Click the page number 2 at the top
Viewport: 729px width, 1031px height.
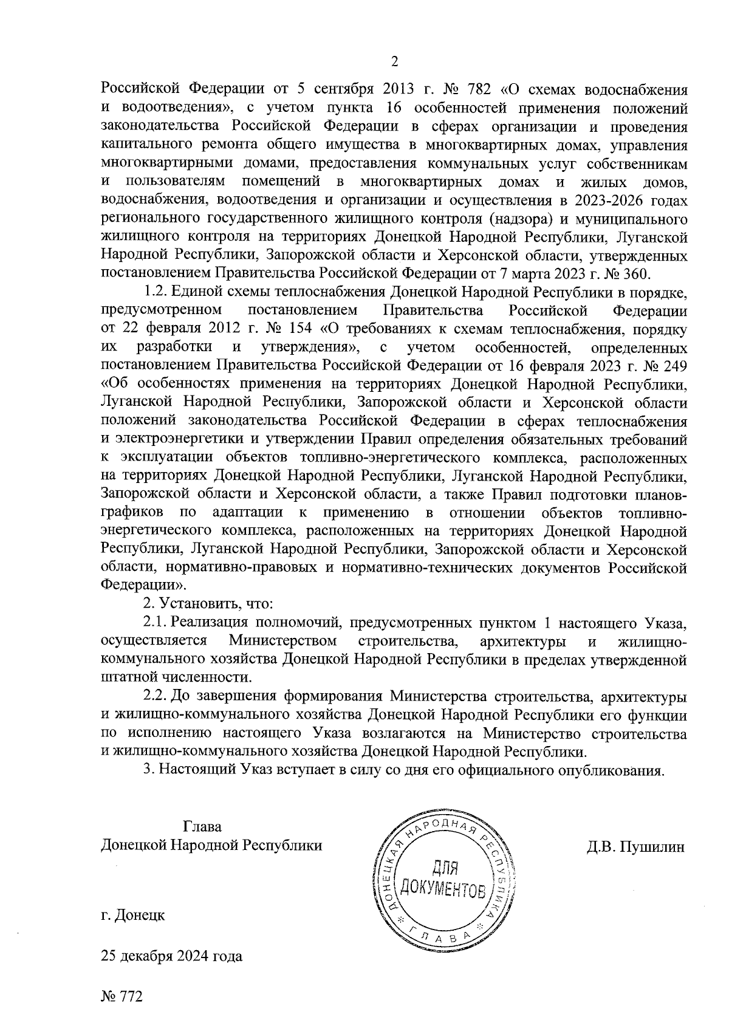click(x=394, y=61)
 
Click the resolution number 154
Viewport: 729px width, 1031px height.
click(x=298, y=330)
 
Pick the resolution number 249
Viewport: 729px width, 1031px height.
click(x=674, y=366)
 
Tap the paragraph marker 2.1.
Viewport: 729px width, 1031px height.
click(x=155, y=623)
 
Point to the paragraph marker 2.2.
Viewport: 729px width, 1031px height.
click(x=155, y=696)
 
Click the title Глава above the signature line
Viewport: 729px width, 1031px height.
click(x=202, y=827)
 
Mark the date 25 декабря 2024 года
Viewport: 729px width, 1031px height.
click(x=172, y=956)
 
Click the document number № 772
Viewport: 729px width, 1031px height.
click(x=122, y=997)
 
